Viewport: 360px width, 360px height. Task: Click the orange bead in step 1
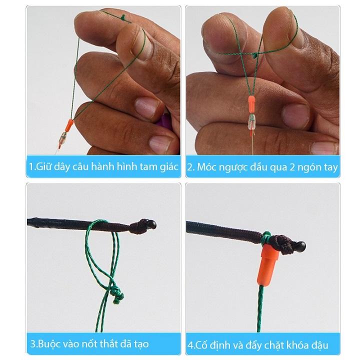coord(69,124)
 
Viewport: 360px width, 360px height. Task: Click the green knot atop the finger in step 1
coord(123,17)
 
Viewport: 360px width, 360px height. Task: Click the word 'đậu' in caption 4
coord(324,344)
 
